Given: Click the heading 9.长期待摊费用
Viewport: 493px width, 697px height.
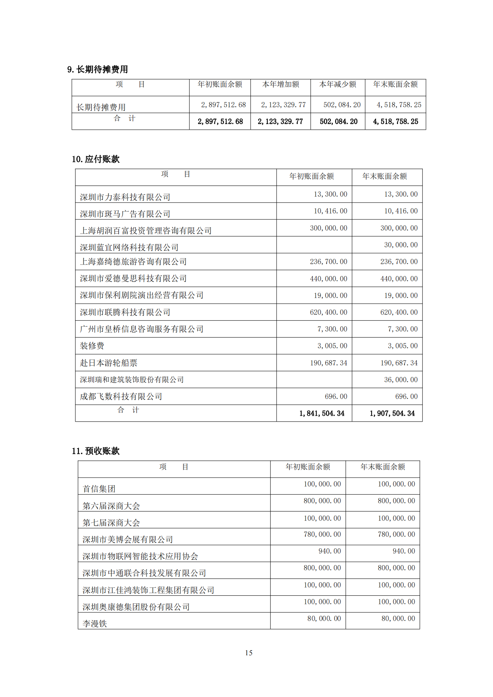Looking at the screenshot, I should tap(98, 69).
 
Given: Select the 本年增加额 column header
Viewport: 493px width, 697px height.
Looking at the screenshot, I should tap(281, 85).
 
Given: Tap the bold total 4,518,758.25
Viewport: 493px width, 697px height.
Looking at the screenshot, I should tap(395, 121).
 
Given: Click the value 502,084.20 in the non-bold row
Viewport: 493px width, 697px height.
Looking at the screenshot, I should tap(342, 105).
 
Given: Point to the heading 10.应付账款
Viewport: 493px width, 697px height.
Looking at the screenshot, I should tap(96, 159).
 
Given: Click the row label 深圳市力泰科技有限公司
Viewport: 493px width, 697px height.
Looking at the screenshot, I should tap(125, 197).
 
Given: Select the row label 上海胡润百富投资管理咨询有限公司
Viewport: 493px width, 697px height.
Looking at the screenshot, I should tap(146, 231).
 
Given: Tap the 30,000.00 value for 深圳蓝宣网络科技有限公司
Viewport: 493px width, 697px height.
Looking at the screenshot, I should tap(401, 245).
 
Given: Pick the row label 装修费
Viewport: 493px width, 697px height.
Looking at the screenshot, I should tap(92, 346).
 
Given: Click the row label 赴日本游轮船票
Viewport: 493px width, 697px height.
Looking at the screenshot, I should tap(108, 363).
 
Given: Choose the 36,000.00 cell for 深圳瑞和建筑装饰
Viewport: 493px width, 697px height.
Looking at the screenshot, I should tap(401, 380).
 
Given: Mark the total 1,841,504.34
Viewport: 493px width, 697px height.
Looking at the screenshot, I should tap(322, 413).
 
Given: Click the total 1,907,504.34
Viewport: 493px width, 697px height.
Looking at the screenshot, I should tap(392, 413).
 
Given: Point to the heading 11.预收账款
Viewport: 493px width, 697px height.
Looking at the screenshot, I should tap(96, 451).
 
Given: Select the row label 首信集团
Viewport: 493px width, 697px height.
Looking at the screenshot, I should tap(99, 489).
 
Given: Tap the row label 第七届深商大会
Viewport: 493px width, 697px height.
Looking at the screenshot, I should tap(111, 523).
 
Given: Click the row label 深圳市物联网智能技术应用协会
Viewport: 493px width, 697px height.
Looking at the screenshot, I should tap(140, 556).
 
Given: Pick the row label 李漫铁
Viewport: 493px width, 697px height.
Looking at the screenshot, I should tap(95, 624).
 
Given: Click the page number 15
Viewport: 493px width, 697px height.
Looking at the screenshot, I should tap(249, 653).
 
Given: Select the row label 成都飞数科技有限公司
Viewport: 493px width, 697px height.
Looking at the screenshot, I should tap(121, 396).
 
